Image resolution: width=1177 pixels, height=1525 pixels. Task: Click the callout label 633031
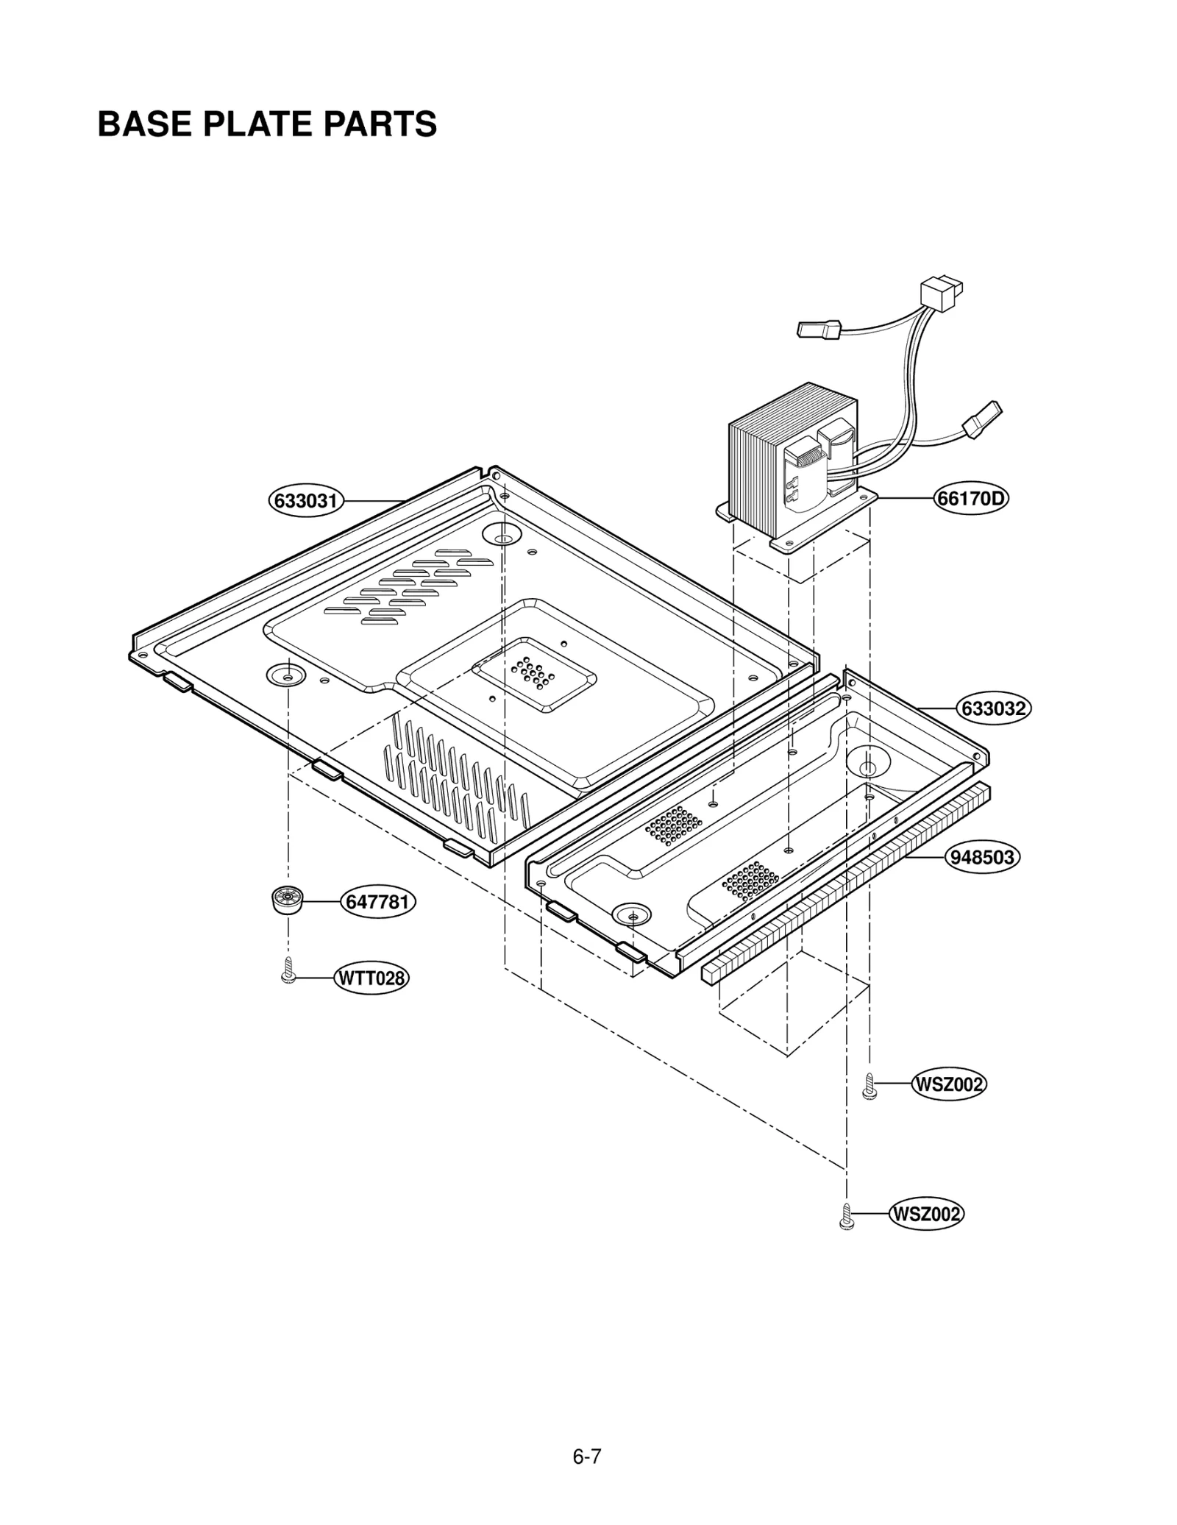click(x=306, y=501)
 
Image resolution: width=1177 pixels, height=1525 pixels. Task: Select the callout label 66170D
click(x=971, y=499)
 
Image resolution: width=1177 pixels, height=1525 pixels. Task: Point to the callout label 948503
click(x=981, y=858)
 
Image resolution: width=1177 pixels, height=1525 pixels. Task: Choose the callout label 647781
click(x=377, y=902)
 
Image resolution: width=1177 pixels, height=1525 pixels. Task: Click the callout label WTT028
click(x=371, y=978)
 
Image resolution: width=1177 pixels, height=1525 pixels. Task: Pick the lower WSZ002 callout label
click(x=926, y=1214)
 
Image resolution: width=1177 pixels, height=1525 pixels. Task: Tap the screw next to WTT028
click(x=288, y=970)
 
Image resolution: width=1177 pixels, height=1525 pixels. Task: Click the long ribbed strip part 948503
click(x=846, y=883)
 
